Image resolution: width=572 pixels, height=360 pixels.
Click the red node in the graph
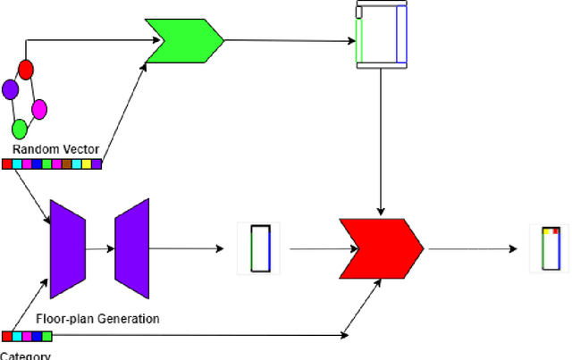click(26, 69)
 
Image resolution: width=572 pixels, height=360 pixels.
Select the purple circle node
click(11, 89)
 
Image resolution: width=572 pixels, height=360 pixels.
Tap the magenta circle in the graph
click(38, 109)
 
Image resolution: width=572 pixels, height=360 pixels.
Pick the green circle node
click(19, 129)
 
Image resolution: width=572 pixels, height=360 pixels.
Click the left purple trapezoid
click(67, 247)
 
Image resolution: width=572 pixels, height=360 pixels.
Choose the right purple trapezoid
click(131, 247)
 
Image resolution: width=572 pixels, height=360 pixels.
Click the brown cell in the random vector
click(66, 163)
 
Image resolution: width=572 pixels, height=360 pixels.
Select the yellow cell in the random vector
click(86, 163)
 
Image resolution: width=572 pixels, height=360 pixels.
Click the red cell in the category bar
click(7, 336)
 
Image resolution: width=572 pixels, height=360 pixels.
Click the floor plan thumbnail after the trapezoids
click(259, 247)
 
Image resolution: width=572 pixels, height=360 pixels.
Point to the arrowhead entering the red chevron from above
click(382, 212)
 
